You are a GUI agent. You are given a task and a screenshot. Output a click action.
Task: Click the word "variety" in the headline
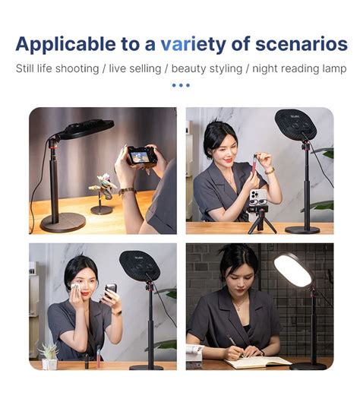tap(193, 45)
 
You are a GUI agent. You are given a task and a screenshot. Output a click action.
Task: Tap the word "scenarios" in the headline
tap(302, 44)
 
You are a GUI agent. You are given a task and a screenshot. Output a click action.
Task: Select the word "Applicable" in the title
tap(65, 45)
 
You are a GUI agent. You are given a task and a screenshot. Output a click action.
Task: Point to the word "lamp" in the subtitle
tap(334, 69)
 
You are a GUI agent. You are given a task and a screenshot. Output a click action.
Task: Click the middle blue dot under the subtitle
tap(181, 85)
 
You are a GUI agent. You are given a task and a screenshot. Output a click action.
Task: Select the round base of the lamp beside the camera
tap(63, 223)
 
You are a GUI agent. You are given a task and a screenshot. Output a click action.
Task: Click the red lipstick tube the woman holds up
tap(255, 169)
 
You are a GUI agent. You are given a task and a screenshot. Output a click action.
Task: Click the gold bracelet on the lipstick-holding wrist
tap(270, 171)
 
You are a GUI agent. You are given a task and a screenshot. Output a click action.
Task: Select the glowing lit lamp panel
tap(292, 271)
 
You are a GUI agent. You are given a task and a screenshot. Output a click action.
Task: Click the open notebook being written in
tap(258, 362)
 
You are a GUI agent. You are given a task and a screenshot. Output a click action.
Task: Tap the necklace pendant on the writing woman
tap(238, 309)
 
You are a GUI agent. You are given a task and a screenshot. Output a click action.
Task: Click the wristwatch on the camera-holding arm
tap(127, 191)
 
